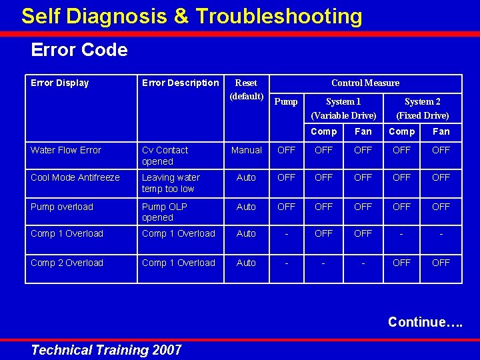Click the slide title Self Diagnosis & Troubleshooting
192,16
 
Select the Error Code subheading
79,50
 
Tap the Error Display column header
60,83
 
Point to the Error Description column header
180,83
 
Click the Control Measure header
365,83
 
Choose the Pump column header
286,101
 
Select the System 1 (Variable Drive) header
343,108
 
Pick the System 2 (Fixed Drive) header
423,108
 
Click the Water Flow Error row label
65,150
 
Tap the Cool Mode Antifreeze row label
75,177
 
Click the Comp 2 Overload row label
67,263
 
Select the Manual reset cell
246,150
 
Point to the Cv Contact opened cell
165,155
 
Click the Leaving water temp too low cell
171,183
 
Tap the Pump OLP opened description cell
164,212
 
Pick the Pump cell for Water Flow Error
286,150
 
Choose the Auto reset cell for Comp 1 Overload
246,233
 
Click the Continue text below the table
425,322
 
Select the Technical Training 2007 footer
107,349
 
